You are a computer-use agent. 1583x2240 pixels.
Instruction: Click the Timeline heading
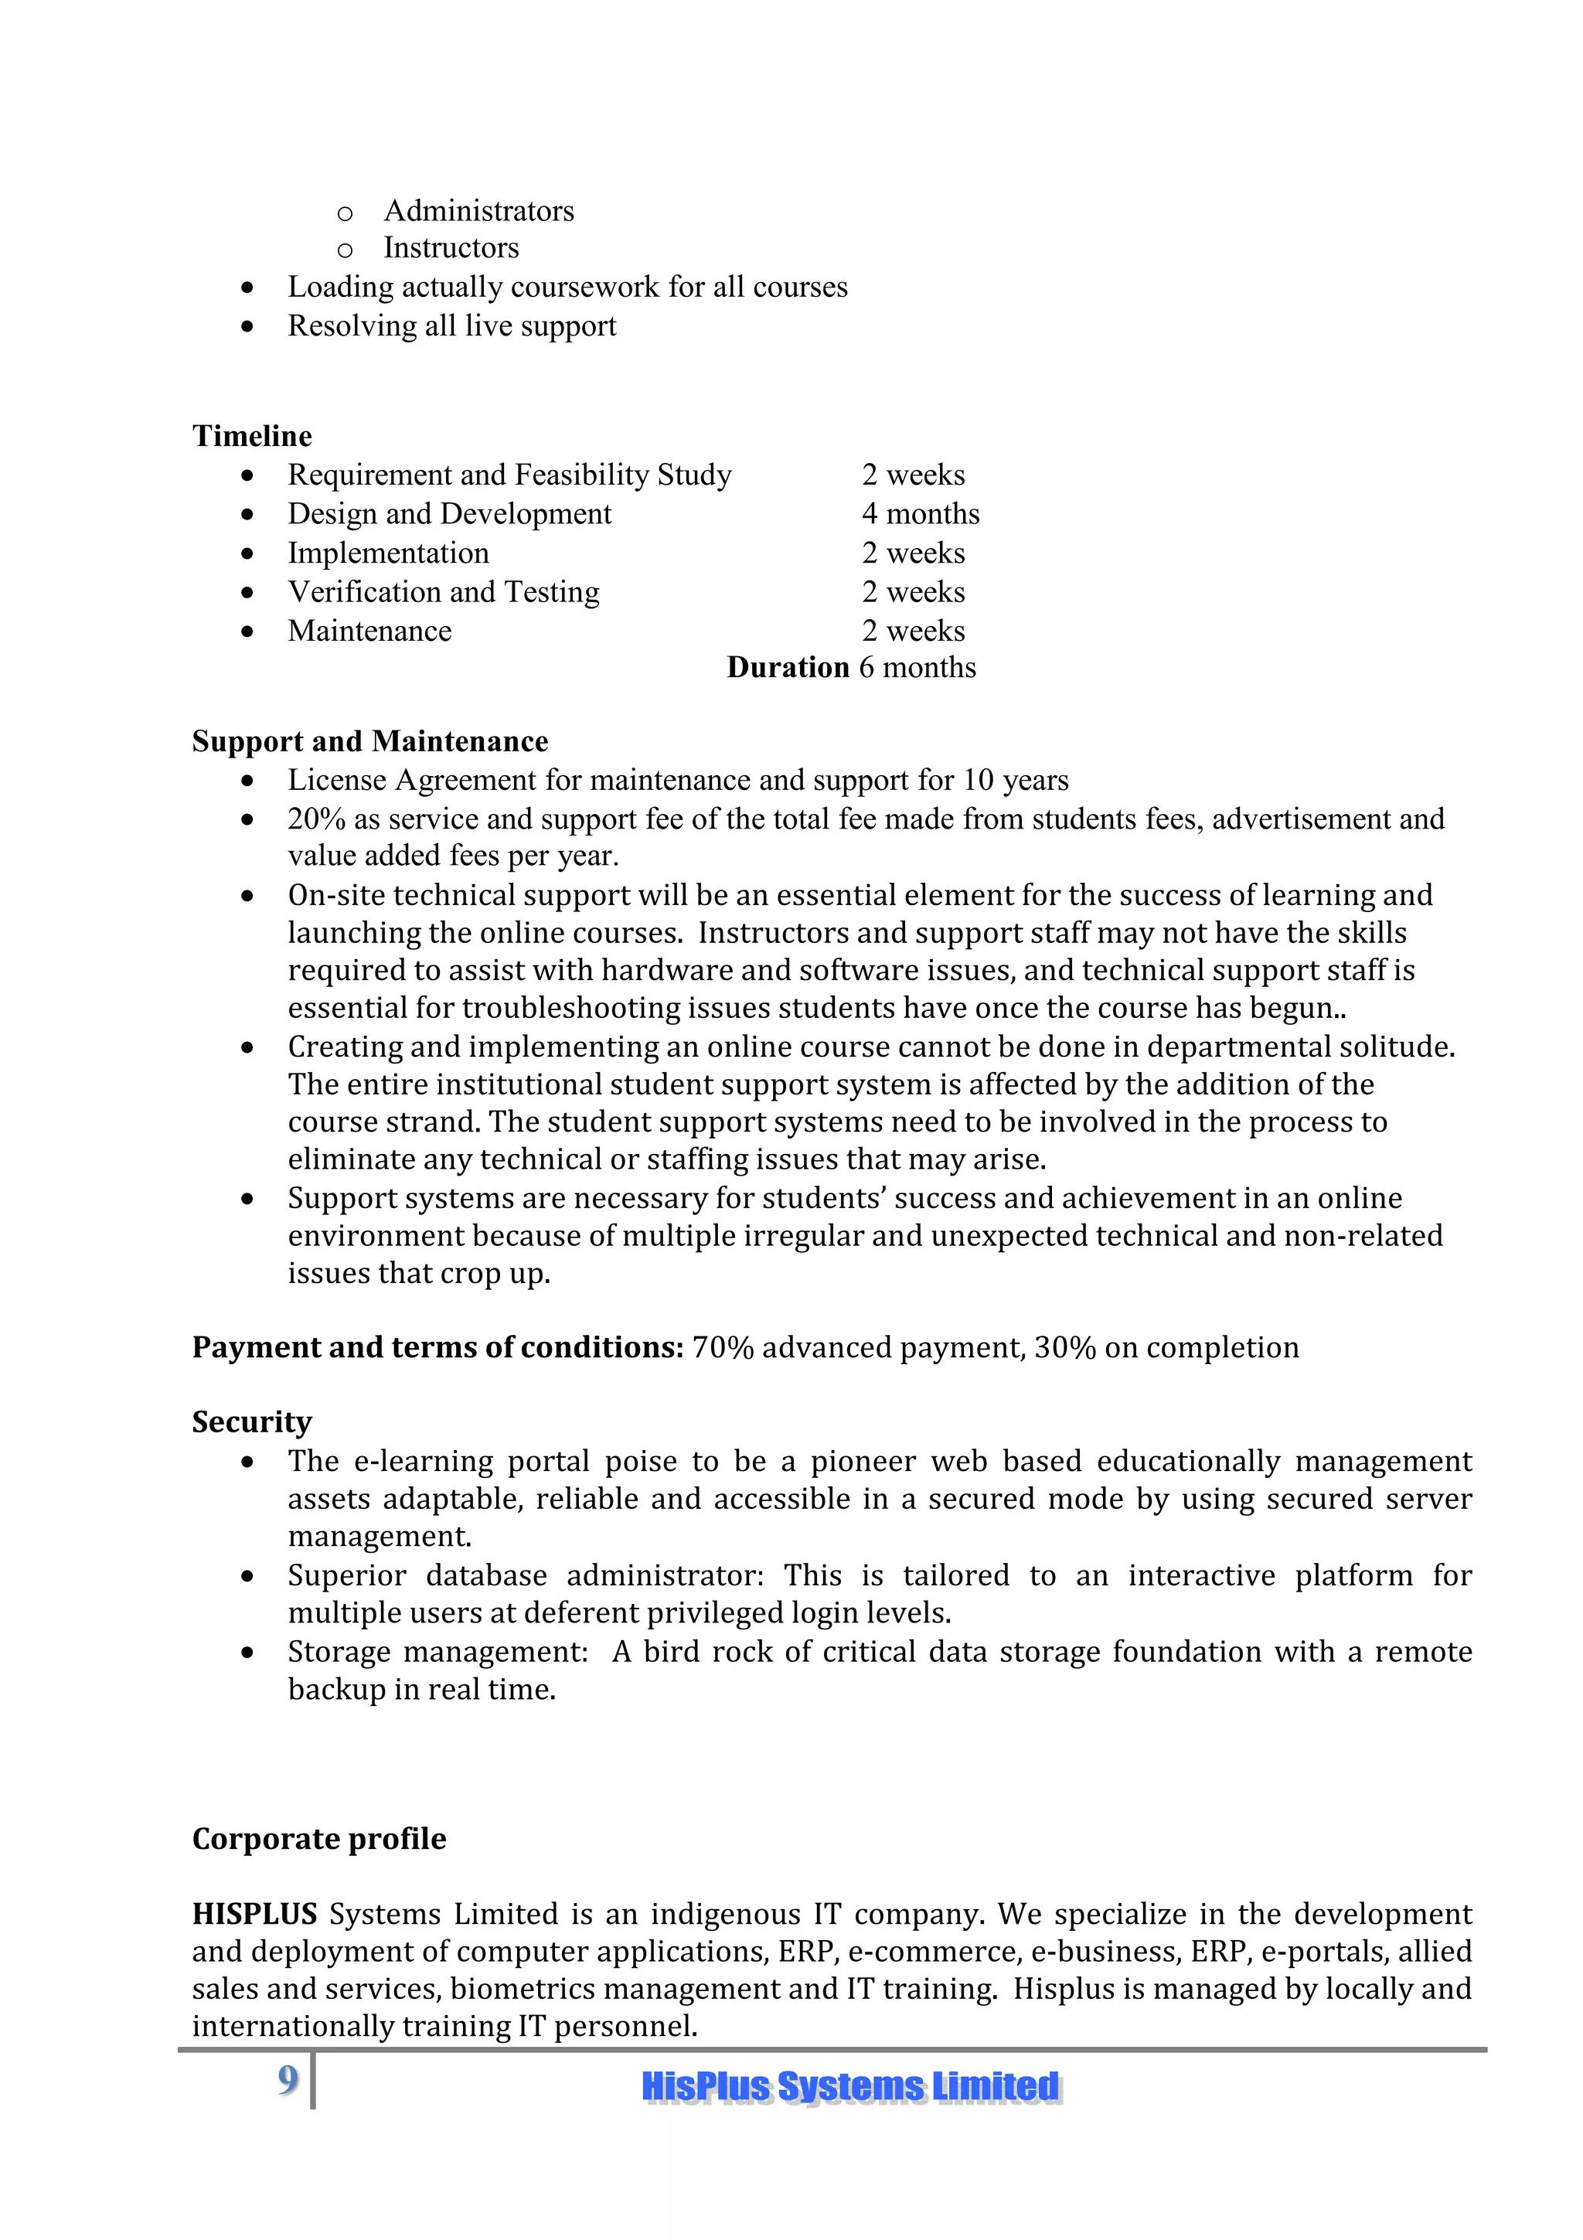(252, 435)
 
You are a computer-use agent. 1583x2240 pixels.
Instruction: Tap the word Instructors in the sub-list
(451, 248)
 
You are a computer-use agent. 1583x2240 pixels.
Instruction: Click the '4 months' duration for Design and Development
(920, 513)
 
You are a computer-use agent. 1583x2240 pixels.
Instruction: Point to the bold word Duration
(788, 667)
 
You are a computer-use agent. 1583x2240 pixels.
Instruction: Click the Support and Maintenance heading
(369, 741)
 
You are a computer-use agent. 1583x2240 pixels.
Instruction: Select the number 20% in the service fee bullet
(316, 819)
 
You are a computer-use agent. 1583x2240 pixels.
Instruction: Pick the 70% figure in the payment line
(723, 1347)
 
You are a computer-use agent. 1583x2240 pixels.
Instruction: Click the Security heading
(252, 1421)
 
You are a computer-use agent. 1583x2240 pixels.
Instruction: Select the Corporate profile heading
(319, 1839)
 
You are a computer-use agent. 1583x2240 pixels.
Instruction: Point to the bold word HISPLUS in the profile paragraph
(254, 1914)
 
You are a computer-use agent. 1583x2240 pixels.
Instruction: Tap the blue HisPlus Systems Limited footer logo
(850, 2087)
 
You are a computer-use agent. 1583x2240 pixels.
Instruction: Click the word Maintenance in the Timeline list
(369, 631)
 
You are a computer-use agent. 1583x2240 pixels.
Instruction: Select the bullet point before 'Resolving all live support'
(248, 327)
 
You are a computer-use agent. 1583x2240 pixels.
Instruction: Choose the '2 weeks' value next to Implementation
(913, 553)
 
